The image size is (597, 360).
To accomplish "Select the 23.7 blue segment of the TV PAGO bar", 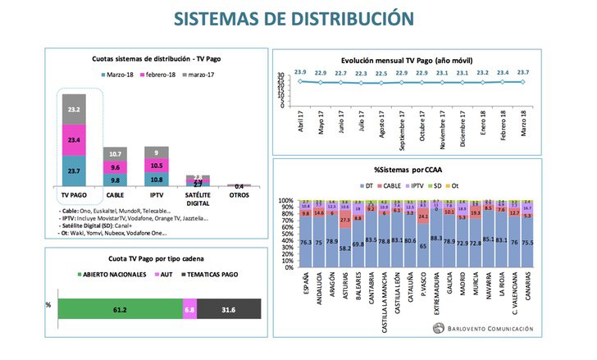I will [x=75, y=171].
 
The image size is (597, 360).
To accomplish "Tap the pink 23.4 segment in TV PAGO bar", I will [x=75, y=140].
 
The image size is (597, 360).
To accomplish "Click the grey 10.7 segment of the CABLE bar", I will [x=115, y=154].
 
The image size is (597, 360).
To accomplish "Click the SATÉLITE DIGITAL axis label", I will [x=197, y=198].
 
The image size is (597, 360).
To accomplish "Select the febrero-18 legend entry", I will [x=161, y=75].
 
